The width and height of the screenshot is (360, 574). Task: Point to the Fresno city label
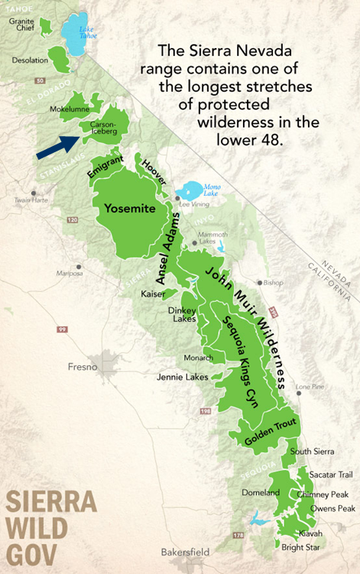(82, 367)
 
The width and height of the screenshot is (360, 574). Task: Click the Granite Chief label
(21, 24)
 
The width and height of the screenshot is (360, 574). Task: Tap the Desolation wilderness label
(28, 59)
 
